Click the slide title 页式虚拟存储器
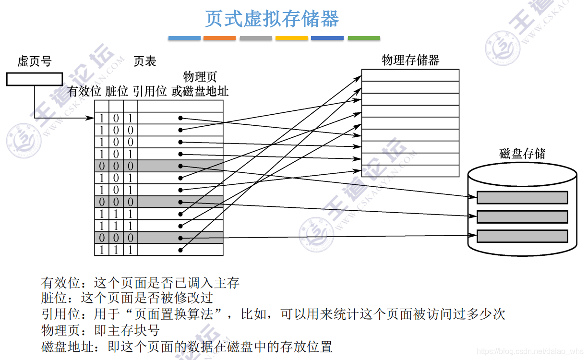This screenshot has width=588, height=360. tap(272, 19)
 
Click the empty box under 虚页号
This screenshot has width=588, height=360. tap(35, 79)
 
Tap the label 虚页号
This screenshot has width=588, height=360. tap(34, 61)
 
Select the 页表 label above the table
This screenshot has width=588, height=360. tap(145, 61)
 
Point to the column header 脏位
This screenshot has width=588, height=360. tap(117, 91)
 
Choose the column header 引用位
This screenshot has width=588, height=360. tap(150, 91)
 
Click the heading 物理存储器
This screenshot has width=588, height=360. tap(410, 60)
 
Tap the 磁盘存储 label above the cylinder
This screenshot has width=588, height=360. tap(522, 154)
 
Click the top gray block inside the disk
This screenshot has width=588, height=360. tap(522, 198)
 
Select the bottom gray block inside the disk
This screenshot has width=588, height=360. tap(522, 236)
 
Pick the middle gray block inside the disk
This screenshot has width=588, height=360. tap(522, 217)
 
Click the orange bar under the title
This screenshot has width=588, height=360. tap(219, 38)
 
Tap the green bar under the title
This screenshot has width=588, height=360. tap(364, 38)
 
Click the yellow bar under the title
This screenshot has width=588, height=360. tap(292, 38)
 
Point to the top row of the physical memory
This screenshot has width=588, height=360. tap(410, 75)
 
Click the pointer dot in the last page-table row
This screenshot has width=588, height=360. tap(180, 250)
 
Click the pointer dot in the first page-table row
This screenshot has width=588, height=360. tap(180, 118)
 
